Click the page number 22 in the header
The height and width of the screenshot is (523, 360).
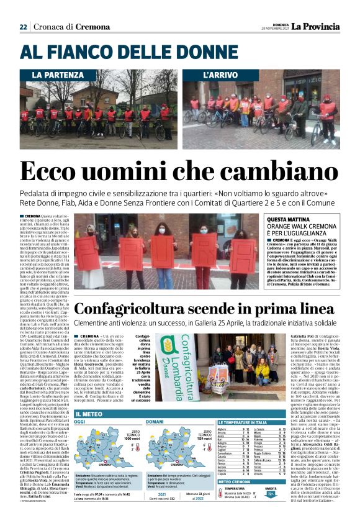[x=23, y=27]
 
